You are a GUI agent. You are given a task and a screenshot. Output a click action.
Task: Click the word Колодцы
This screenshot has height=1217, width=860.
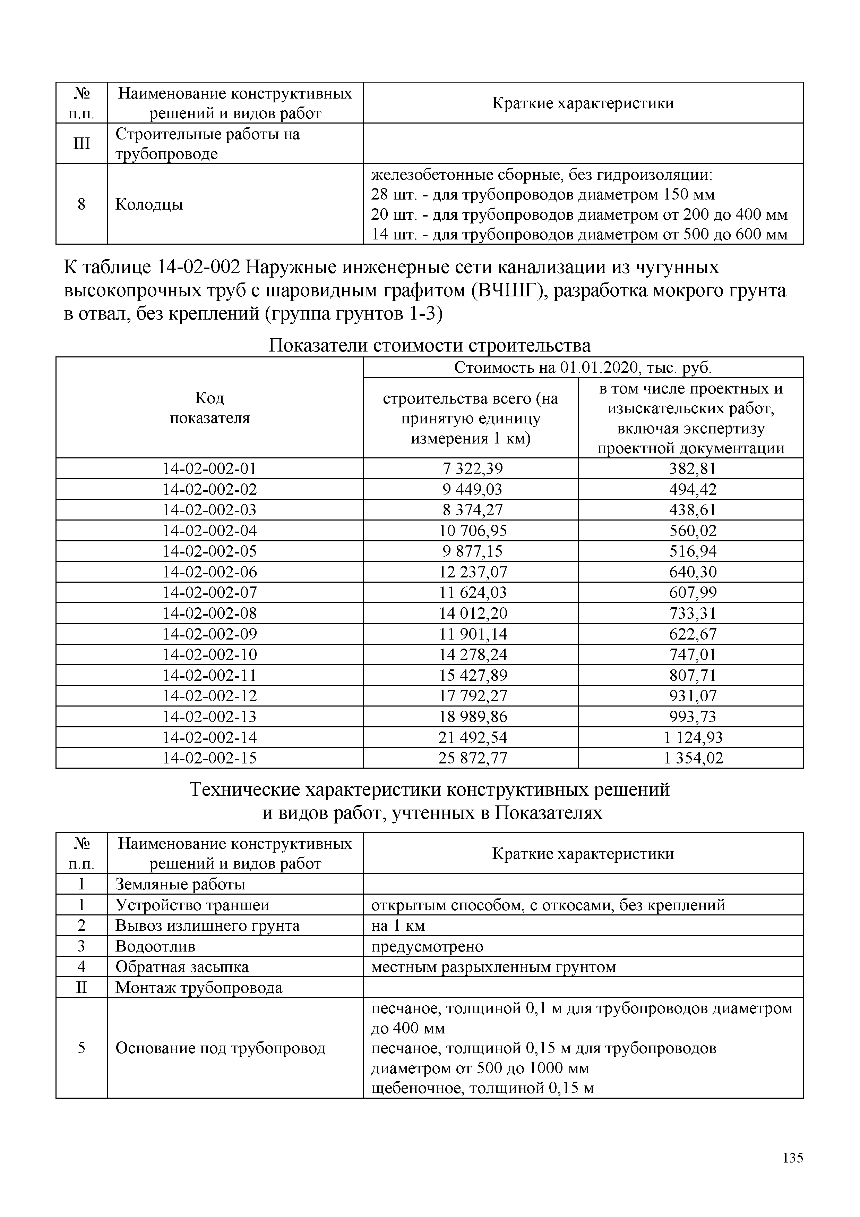(149, 204)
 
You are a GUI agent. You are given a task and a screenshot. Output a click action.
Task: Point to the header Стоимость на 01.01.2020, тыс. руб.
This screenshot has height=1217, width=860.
(583, 367)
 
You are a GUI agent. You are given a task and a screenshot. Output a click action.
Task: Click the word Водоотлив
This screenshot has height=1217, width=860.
(155, 946)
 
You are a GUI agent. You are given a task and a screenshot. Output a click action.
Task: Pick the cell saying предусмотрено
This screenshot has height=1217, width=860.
(427, 946)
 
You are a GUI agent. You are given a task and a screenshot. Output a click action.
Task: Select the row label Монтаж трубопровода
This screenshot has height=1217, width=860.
(199, 988)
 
